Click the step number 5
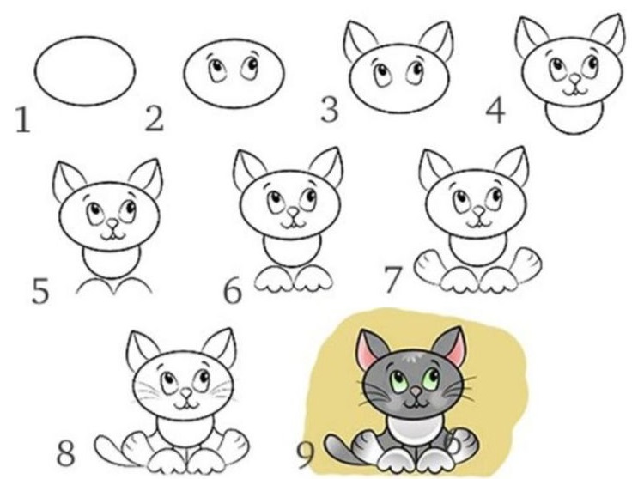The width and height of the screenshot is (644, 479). tap(40, 289)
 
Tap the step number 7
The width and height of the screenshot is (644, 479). tap(393, 280)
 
